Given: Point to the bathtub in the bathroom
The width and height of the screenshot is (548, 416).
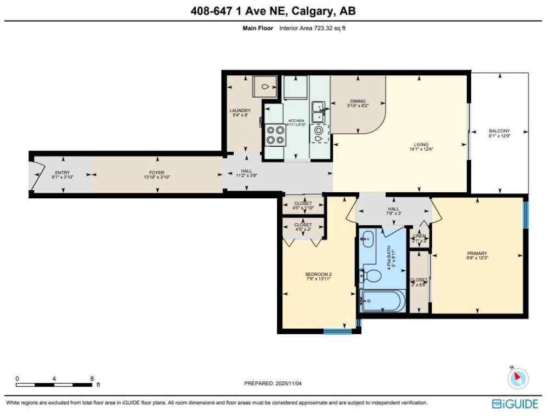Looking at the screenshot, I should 382,301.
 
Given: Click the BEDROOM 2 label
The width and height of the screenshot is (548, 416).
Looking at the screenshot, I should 318,274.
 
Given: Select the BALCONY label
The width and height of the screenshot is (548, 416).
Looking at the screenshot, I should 499,131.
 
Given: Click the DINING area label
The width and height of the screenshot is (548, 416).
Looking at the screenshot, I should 358,101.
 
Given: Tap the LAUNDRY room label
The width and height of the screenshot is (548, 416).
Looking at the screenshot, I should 240,110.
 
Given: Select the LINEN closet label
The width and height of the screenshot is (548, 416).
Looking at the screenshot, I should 420,236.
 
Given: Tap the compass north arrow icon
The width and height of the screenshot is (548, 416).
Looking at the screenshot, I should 518,377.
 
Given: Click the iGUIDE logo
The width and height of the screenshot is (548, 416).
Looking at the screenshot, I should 514,404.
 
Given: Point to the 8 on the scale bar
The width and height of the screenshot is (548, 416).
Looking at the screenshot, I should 92,379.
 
